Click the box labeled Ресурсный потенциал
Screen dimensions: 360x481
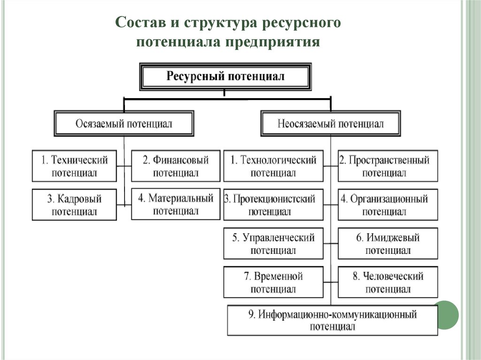225,77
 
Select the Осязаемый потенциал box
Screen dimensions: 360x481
124,124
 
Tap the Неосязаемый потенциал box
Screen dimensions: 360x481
331,124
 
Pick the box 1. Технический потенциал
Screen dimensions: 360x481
74,166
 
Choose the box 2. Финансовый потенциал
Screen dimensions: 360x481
176,166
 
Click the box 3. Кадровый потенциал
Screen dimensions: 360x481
74,205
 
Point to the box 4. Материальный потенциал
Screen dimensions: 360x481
176,204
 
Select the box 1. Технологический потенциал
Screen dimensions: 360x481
273,166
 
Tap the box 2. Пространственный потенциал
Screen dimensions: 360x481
388,166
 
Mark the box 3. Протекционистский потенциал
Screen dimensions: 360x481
273,205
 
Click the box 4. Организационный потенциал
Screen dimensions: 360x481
388,205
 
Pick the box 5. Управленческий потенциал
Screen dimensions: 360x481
273,244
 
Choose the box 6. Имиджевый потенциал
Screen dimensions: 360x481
388,244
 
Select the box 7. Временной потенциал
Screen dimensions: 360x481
273,282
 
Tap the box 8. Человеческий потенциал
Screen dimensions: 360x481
388,282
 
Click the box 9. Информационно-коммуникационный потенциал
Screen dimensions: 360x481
332,320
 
